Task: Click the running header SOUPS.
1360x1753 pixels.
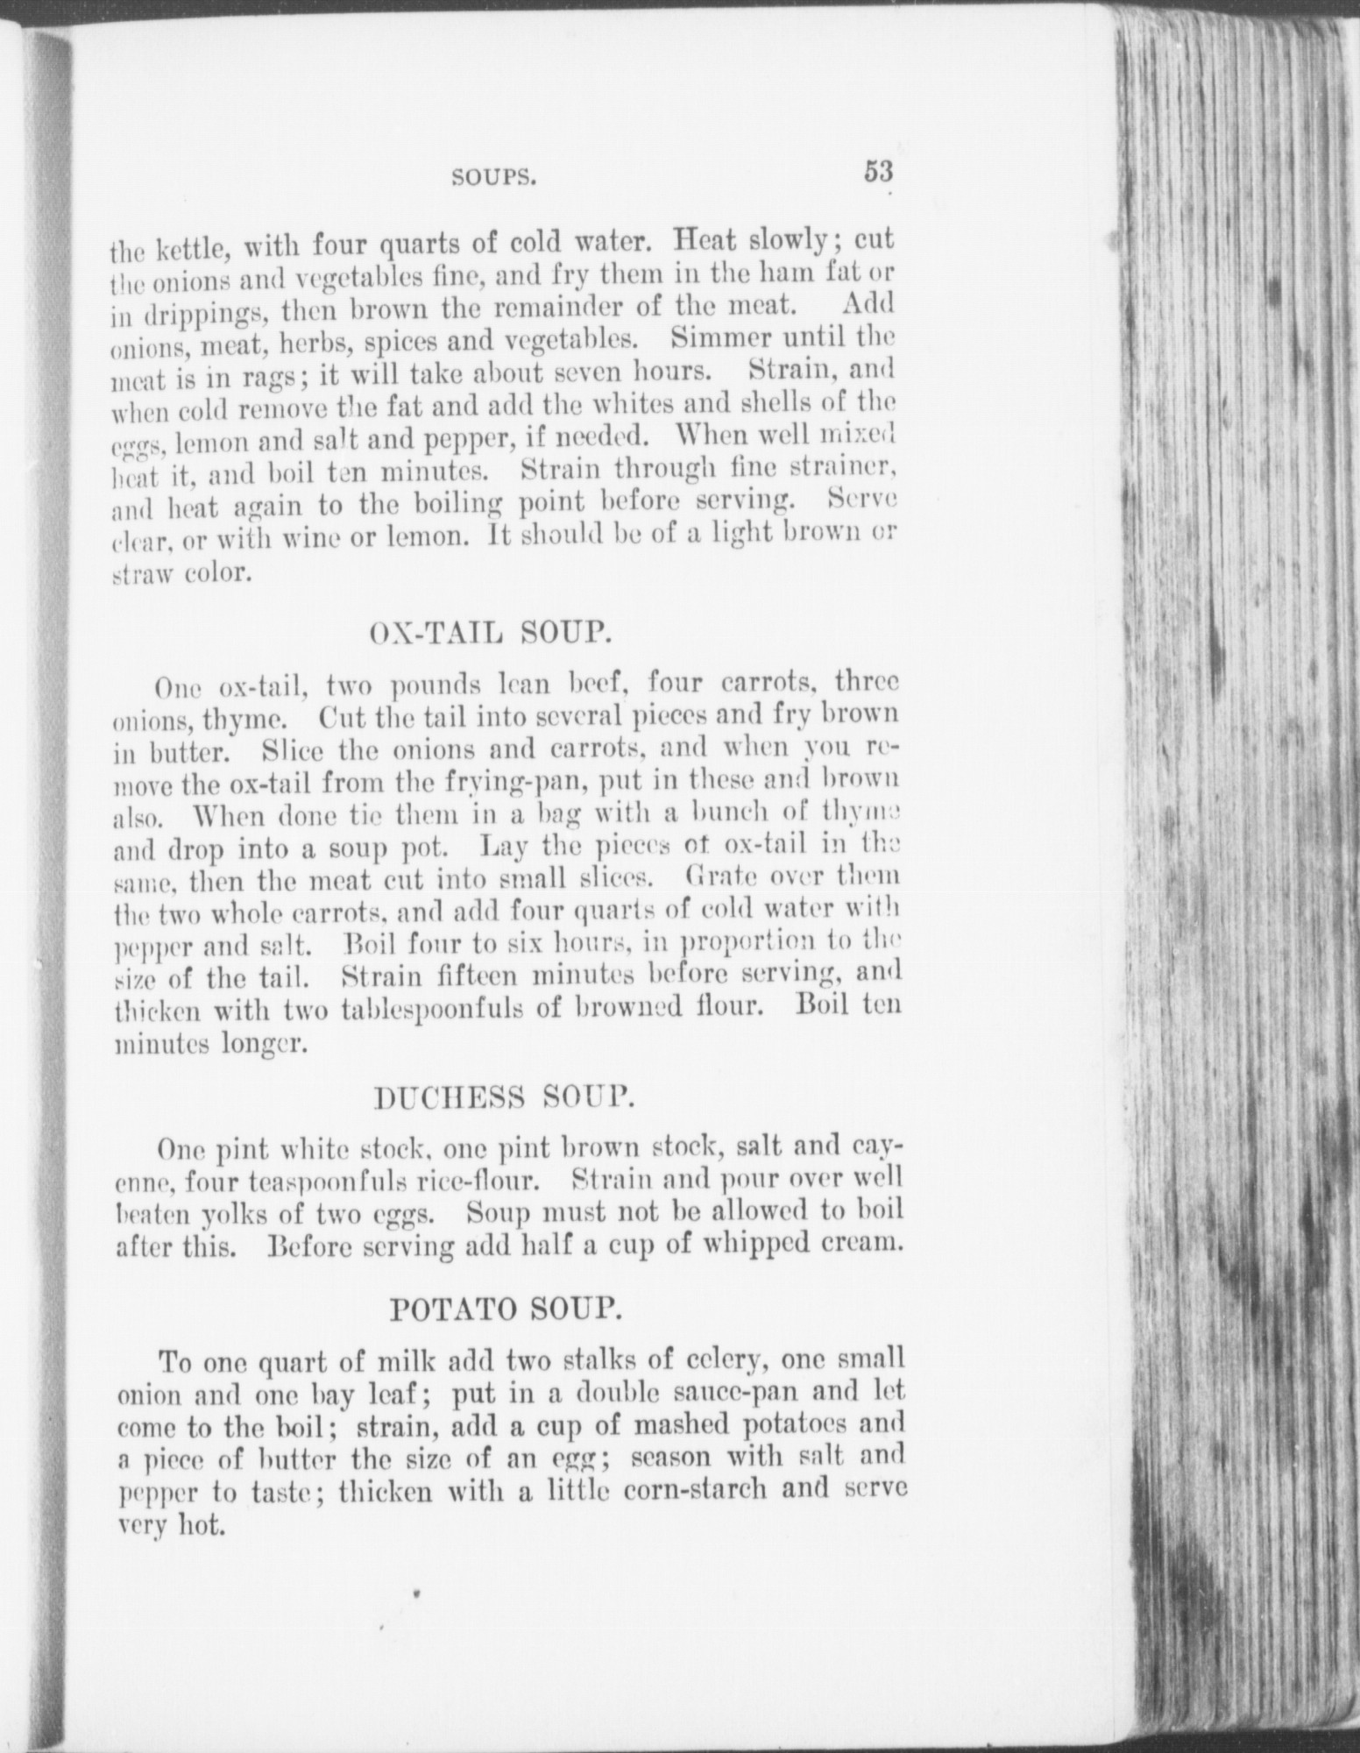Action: pos(492,178)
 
